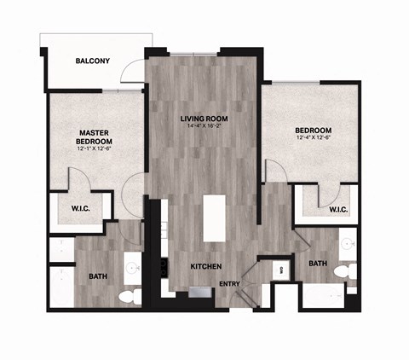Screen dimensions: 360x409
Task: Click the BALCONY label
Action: pos(92,61)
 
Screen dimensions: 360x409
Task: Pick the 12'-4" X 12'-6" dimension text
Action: pos(314,136)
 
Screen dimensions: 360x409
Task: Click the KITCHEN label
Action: pos(206,266)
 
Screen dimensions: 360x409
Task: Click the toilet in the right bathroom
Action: pos(342,272)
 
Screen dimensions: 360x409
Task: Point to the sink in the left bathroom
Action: pos(132,267)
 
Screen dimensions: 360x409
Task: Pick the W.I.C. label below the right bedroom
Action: pos(337,209)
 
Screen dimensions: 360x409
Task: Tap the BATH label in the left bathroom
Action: pos(98,276)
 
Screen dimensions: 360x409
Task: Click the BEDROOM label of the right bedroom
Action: pos(314,129)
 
